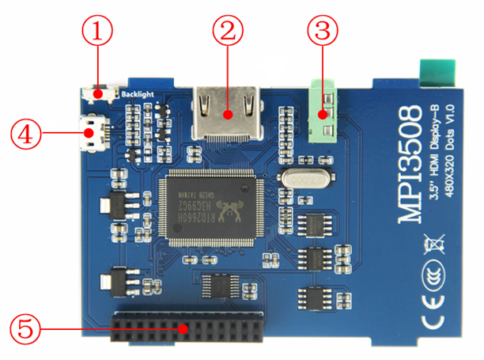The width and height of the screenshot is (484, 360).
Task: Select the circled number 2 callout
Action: click(228, 32)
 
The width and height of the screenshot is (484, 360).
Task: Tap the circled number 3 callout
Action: click(323, 32)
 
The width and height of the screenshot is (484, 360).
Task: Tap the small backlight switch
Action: click(100, 94)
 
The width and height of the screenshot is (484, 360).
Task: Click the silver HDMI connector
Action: click(228, 114)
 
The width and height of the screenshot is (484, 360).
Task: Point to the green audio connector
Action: click(324, 108)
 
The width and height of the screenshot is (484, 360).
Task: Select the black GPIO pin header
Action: click(186, 327)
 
